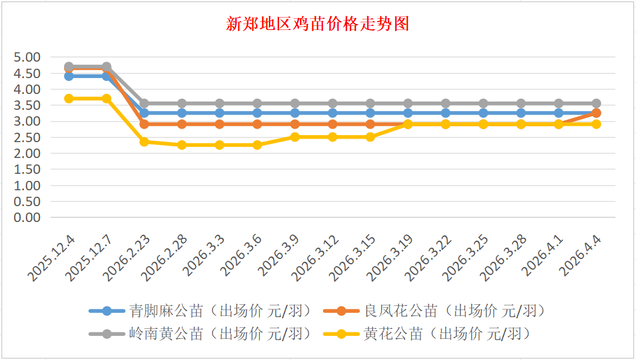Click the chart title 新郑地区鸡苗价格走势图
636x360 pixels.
click(x=318, y=24)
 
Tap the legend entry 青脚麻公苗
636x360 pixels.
click(x=166, y=311)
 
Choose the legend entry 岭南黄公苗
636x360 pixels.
click(x=166, y=334)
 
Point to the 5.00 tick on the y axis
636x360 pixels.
click(x=28, y=58)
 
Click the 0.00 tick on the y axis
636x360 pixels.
click(x=28, y=217)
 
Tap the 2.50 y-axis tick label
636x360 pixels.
click(x=28, y=137)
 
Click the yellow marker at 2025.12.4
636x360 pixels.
click(x=69, y=99)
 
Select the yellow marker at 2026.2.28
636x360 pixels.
click(x=182, y=145)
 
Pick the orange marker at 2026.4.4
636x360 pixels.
click(x=596, y=113)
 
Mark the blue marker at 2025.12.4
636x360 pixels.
click(x=69, y=76)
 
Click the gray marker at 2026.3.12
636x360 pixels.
click(x=332, y=103)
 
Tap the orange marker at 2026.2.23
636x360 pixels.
click(x=144, y=124)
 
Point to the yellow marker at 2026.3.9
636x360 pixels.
click(x=295, y=137)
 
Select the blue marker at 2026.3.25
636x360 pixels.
click(x=483, y=113)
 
